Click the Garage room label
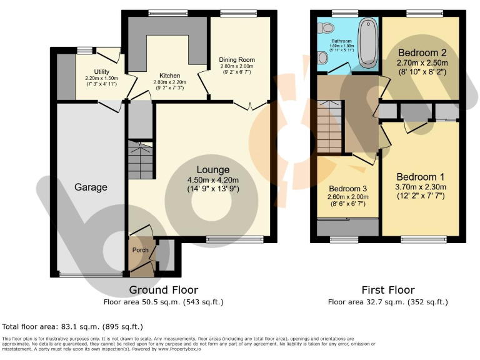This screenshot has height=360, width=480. pos(91,187)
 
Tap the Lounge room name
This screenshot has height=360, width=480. pos(213,169)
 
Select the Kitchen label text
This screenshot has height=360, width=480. pos(169,74)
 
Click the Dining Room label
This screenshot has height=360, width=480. pos(237,60)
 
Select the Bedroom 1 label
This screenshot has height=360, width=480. pos(420,176)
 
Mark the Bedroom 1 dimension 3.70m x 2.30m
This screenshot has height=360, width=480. pos(420,186)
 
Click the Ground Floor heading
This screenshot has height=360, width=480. pos(163,290)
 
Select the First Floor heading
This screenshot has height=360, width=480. pos(387,290)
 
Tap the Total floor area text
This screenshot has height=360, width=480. pos(73,326)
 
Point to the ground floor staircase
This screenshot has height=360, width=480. pos(140,152)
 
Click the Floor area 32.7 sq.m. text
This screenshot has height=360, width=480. pos(387,302)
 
